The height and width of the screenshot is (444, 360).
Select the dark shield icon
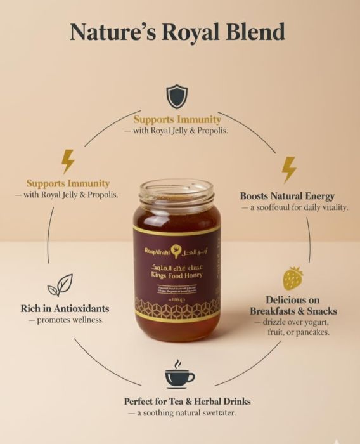177,96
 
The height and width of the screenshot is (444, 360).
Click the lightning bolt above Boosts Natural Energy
289,169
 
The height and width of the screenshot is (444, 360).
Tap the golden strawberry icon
293,278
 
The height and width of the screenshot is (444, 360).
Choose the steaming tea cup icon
179,375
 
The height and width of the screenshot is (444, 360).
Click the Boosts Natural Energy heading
287,196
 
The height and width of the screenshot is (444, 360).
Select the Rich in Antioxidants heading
64,309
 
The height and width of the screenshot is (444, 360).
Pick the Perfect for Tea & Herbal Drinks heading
187,402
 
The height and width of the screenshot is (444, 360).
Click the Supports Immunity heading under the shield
177,119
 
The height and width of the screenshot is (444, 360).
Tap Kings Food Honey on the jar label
176,275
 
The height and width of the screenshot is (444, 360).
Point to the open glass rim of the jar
177,188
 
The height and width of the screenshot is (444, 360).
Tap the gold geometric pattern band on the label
177,307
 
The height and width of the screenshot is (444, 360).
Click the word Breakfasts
273,311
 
